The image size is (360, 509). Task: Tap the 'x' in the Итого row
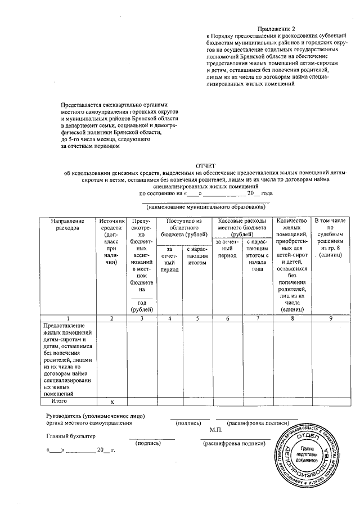(112, 402)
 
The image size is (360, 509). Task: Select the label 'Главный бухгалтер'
(71, 436)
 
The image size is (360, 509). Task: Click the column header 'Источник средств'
(111, 242)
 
